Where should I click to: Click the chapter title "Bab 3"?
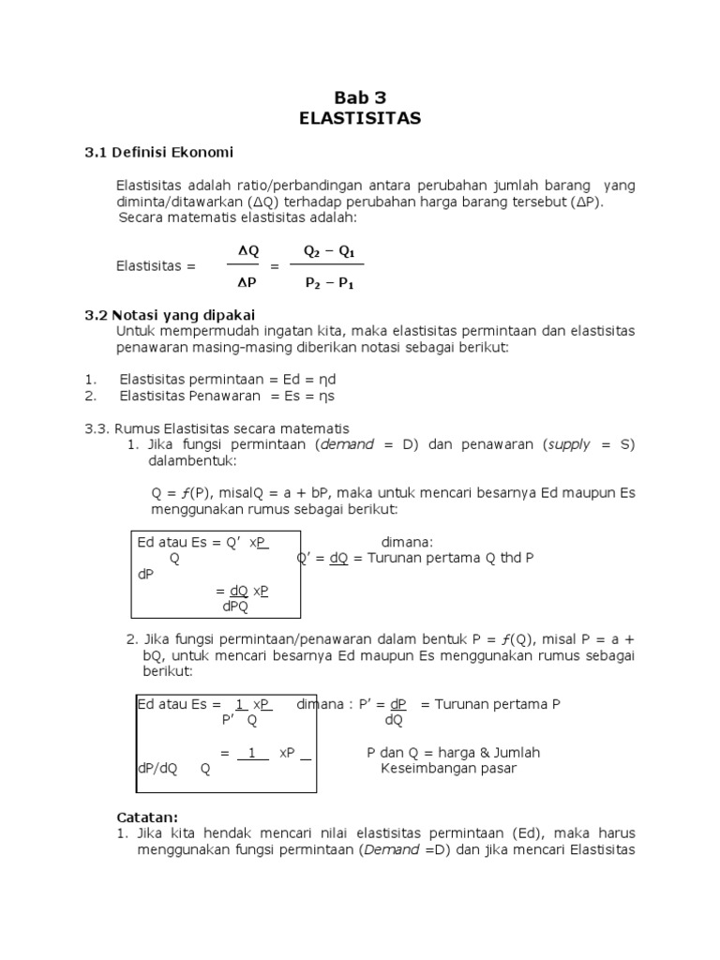point(360,97)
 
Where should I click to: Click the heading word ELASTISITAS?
point(360,118)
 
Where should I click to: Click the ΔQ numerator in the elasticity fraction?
point(247,251)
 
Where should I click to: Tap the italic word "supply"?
point(569,444)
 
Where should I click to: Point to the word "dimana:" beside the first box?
point(407,542)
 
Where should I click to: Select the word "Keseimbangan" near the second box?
point(424,769)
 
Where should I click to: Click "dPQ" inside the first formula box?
point(235,606)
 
